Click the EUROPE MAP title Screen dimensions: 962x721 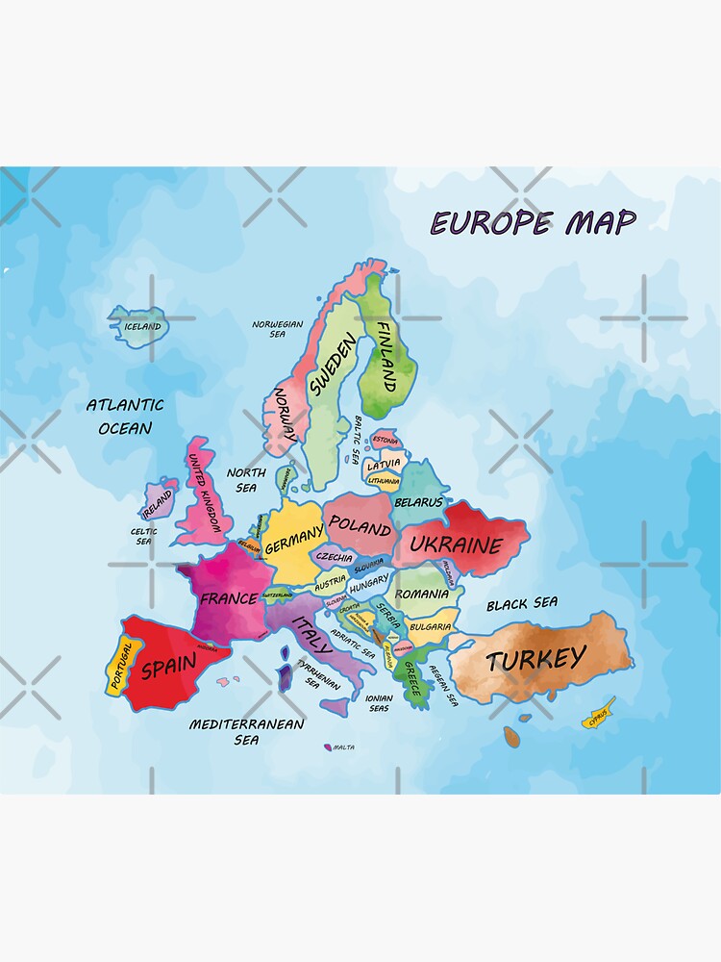click(x=533, y=223)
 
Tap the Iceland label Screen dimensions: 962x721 click(x=143, y=327)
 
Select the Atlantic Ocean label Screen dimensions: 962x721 click(x=125, y=417)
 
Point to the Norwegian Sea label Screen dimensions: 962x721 click(x=277, y=329)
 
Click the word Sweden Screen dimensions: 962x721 click(x=333, y=366)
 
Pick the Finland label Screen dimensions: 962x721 click(x=385, y=356)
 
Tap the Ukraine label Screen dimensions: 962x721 click(x=456, y=545)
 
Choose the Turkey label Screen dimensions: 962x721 click(x=535, y=659)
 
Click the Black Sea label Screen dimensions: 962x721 click(x=521, y=604)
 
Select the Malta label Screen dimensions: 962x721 click(x=343, y=747)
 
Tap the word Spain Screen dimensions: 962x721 click(x=168, y=666)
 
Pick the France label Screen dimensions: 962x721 click(x=228, y=598)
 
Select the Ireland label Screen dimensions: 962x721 click(x=158, y=501)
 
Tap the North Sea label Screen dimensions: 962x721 click(x=246, y=480)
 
